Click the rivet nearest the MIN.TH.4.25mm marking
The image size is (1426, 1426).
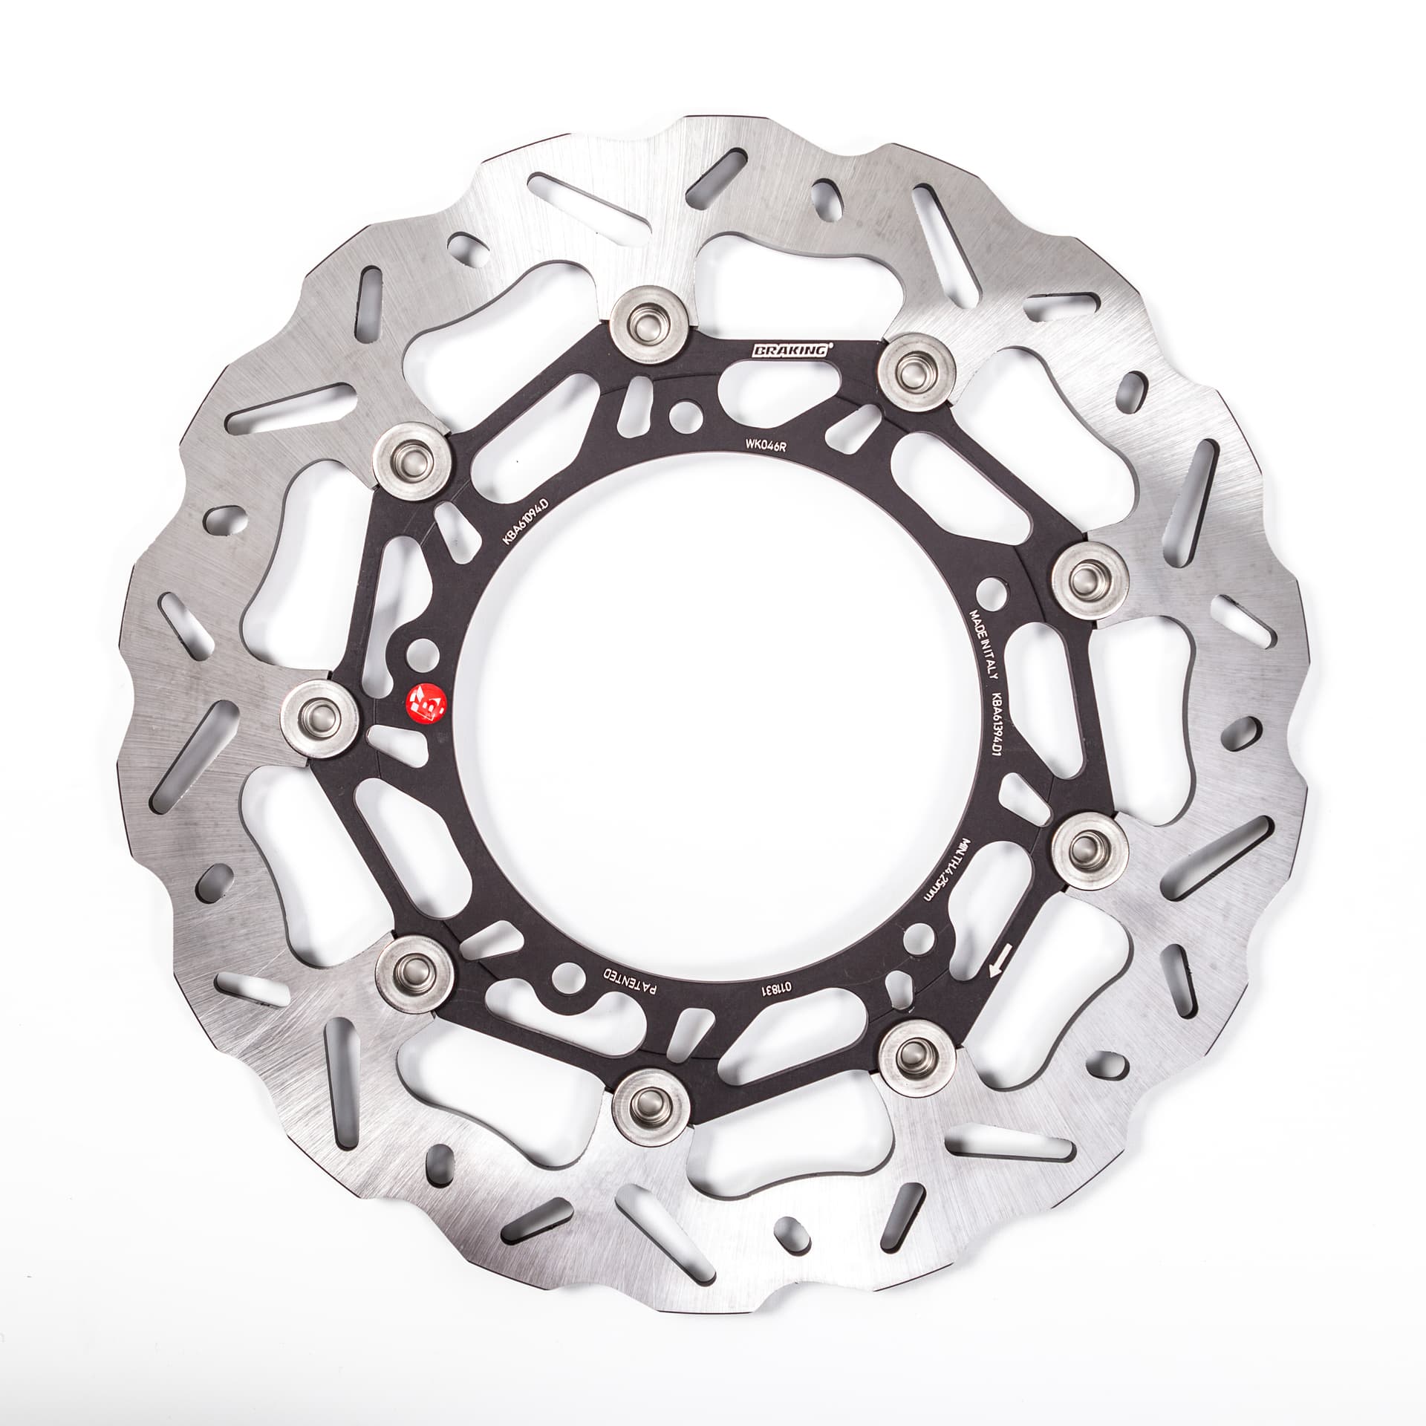point(1090,843)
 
